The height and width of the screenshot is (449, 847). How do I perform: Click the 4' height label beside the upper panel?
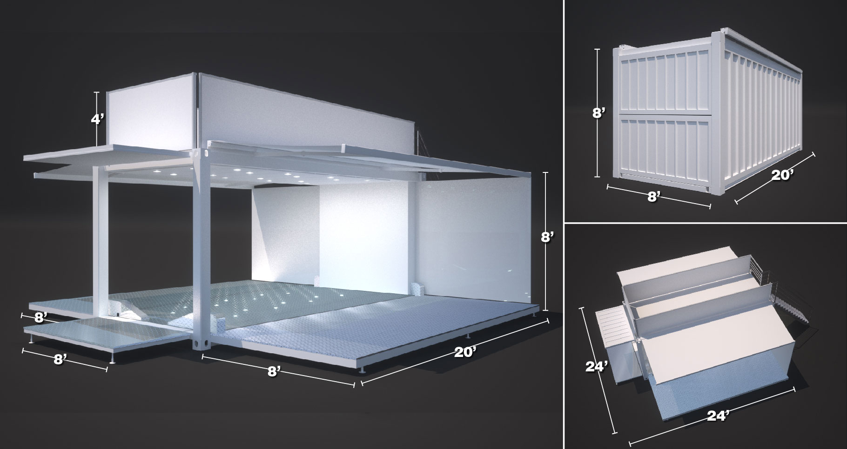(x=98, y=119)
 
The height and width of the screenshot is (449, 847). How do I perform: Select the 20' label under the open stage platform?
(x=465, y=352)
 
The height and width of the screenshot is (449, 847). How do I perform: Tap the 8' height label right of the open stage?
(x=547, y=238)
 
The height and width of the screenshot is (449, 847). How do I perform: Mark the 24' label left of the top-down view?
(x=597, y=367)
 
